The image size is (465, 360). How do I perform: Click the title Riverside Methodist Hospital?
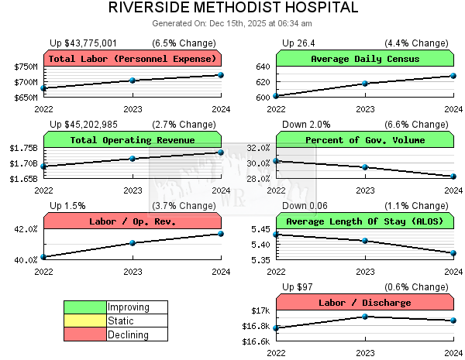pyautogui.click(x=232, y=8)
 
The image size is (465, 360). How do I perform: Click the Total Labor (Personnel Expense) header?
pyautogui.click(x=133, y=59)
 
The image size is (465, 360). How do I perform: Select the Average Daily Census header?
pyautogui.click(x=365, y=59)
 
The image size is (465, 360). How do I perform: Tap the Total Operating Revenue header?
pyautogui.click(x=133, y=140)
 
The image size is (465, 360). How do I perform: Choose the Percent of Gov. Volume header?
pyautogui.click(x=365, y=140)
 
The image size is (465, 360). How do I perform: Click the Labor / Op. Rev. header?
pyautogui.click(x=133, y=221)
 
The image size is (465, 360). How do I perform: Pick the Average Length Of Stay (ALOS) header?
pyautogui.click(x=365, y=221)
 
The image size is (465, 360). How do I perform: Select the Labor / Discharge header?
pyautogui.click(x=365, y=303)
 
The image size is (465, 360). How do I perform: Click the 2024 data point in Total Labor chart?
pyautogui.click(x=221, y=75)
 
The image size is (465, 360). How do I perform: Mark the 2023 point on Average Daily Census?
pyautogui.click(x=365, y=84)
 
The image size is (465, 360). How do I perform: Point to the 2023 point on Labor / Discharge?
pyautogui.click(x=365, y=317)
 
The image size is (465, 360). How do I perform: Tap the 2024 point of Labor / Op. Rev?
pyautogui.click(x=221, y=234)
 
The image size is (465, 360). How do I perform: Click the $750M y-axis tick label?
pyautogui.click(x=26, y=67)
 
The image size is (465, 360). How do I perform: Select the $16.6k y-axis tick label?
pyautogui.click(x=257, y=341)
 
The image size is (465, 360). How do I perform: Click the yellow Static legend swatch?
pyautogui.click(x=85, y=321)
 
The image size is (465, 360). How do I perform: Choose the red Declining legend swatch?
pyautogui.click(x=85, y=334)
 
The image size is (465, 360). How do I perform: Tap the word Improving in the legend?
pyautogui.click(x=129, y=307)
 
